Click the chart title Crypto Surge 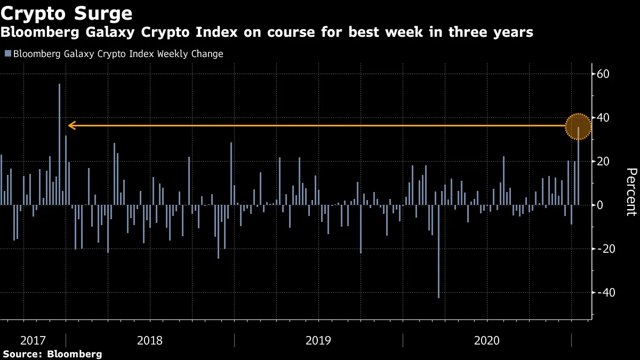coord(67,12)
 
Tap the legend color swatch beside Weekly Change coord(7,54)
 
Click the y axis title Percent coord(631,191)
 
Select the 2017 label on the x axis coord(33,340)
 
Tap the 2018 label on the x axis coord(150,340)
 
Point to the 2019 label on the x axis coord(318,340)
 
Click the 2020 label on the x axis coord(487,340)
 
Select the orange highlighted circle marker coord(578,127)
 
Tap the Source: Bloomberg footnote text coord(52,354)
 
